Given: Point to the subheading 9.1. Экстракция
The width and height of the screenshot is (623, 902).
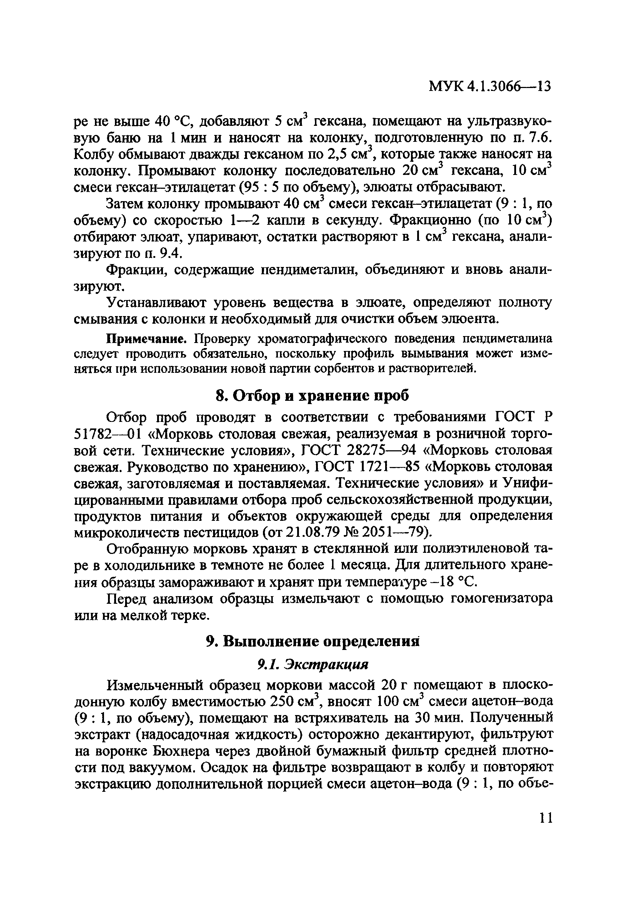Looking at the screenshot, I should pos(312,664).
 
